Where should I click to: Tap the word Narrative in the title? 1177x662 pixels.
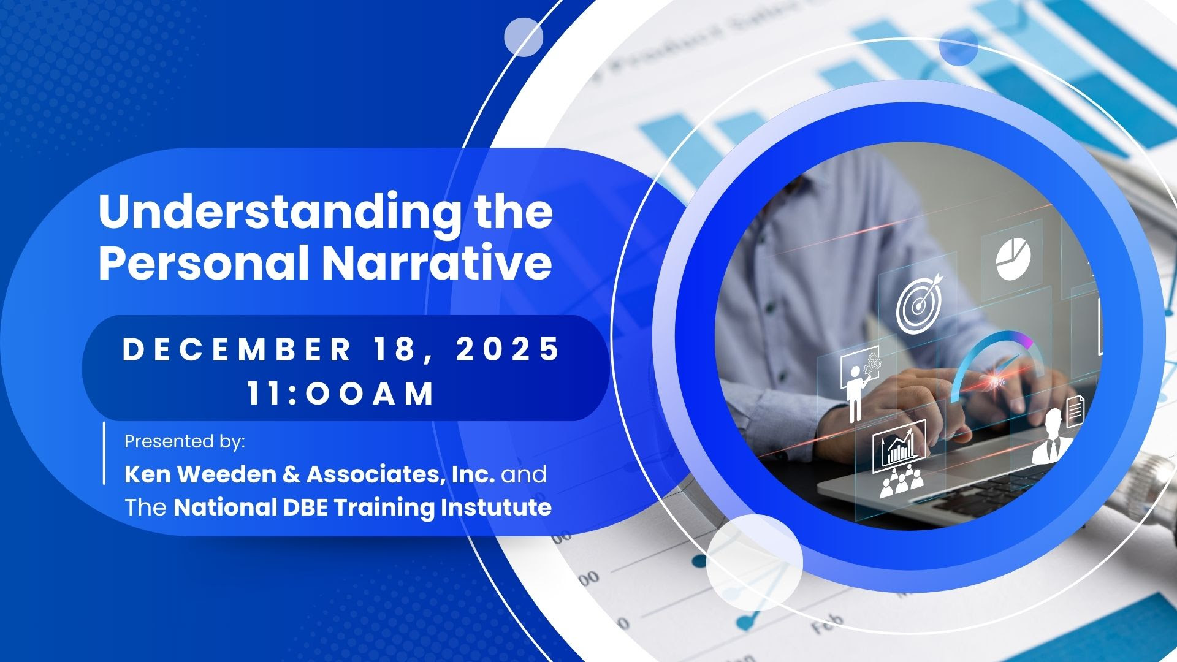[x=436, y=264]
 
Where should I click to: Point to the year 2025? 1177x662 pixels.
[x=508, y=349]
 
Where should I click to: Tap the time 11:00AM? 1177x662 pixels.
[x=341, y=394]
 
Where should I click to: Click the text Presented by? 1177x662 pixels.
[x=185, y=441]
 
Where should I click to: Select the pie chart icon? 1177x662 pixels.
[x=1013, y=260]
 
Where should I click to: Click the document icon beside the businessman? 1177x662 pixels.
[x=1075, y=411]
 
